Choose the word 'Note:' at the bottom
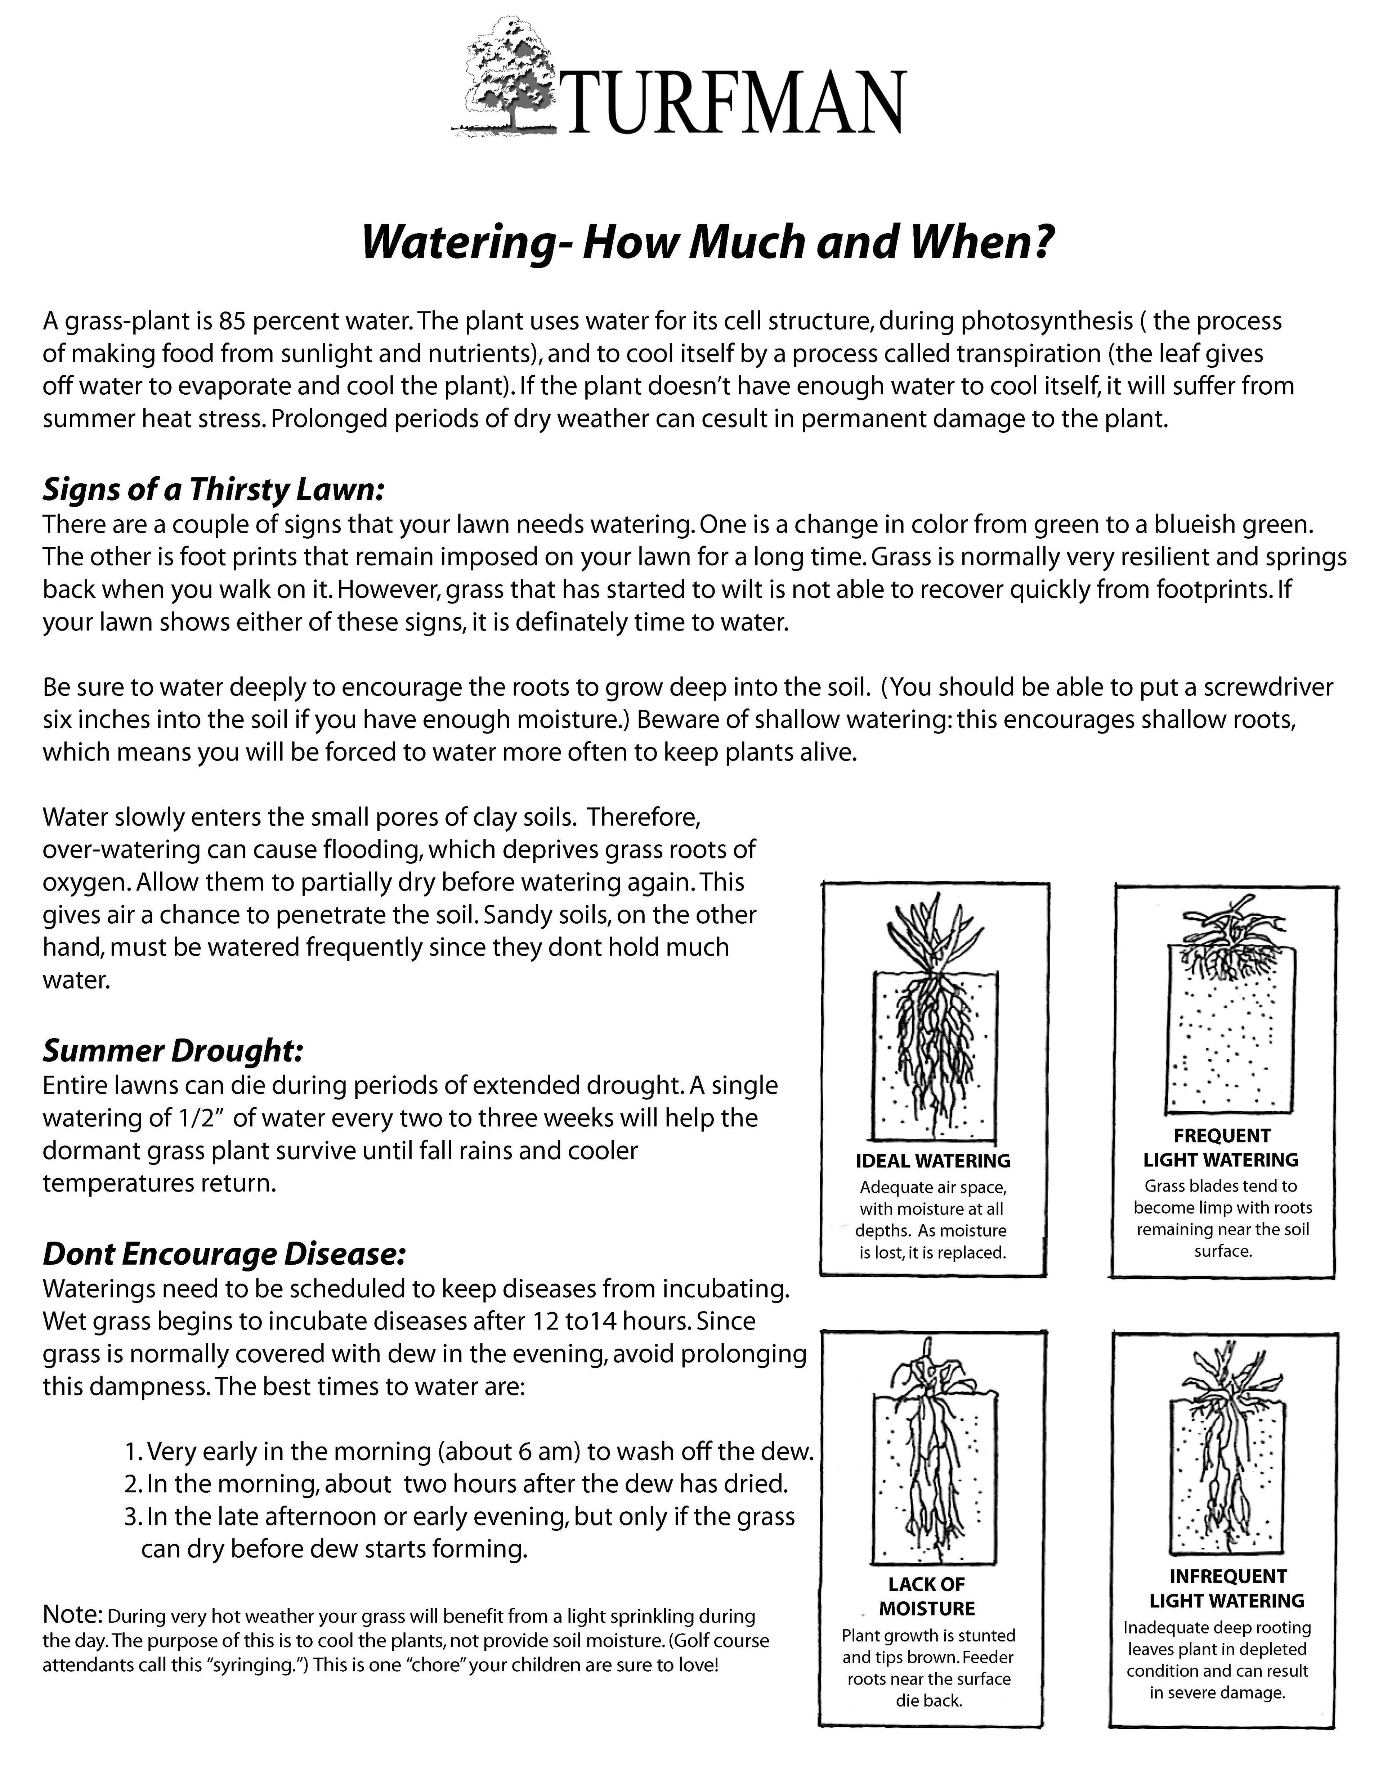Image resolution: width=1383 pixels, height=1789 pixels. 72,1614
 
